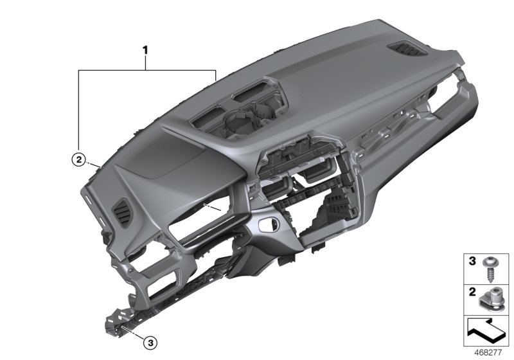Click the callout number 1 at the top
click(x=146, y=48)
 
